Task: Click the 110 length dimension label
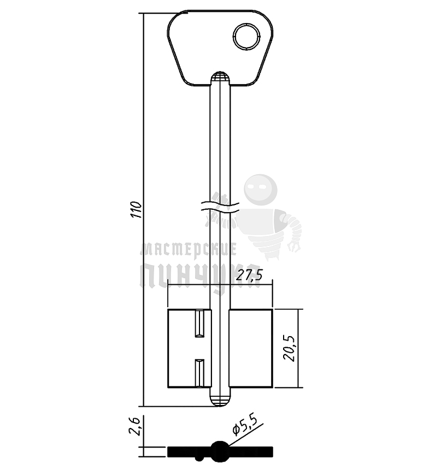click(137, 209)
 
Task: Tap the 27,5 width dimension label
click(249, 275)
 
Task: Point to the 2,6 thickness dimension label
click(134, 426)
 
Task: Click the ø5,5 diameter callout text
click(245, 426)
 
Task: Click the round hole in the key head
click(247, 37)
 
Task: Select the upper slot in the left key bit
click(199, 324)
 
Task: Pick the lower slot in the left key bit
click(199, 373)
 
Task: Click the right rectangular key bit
click(251, 348)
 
